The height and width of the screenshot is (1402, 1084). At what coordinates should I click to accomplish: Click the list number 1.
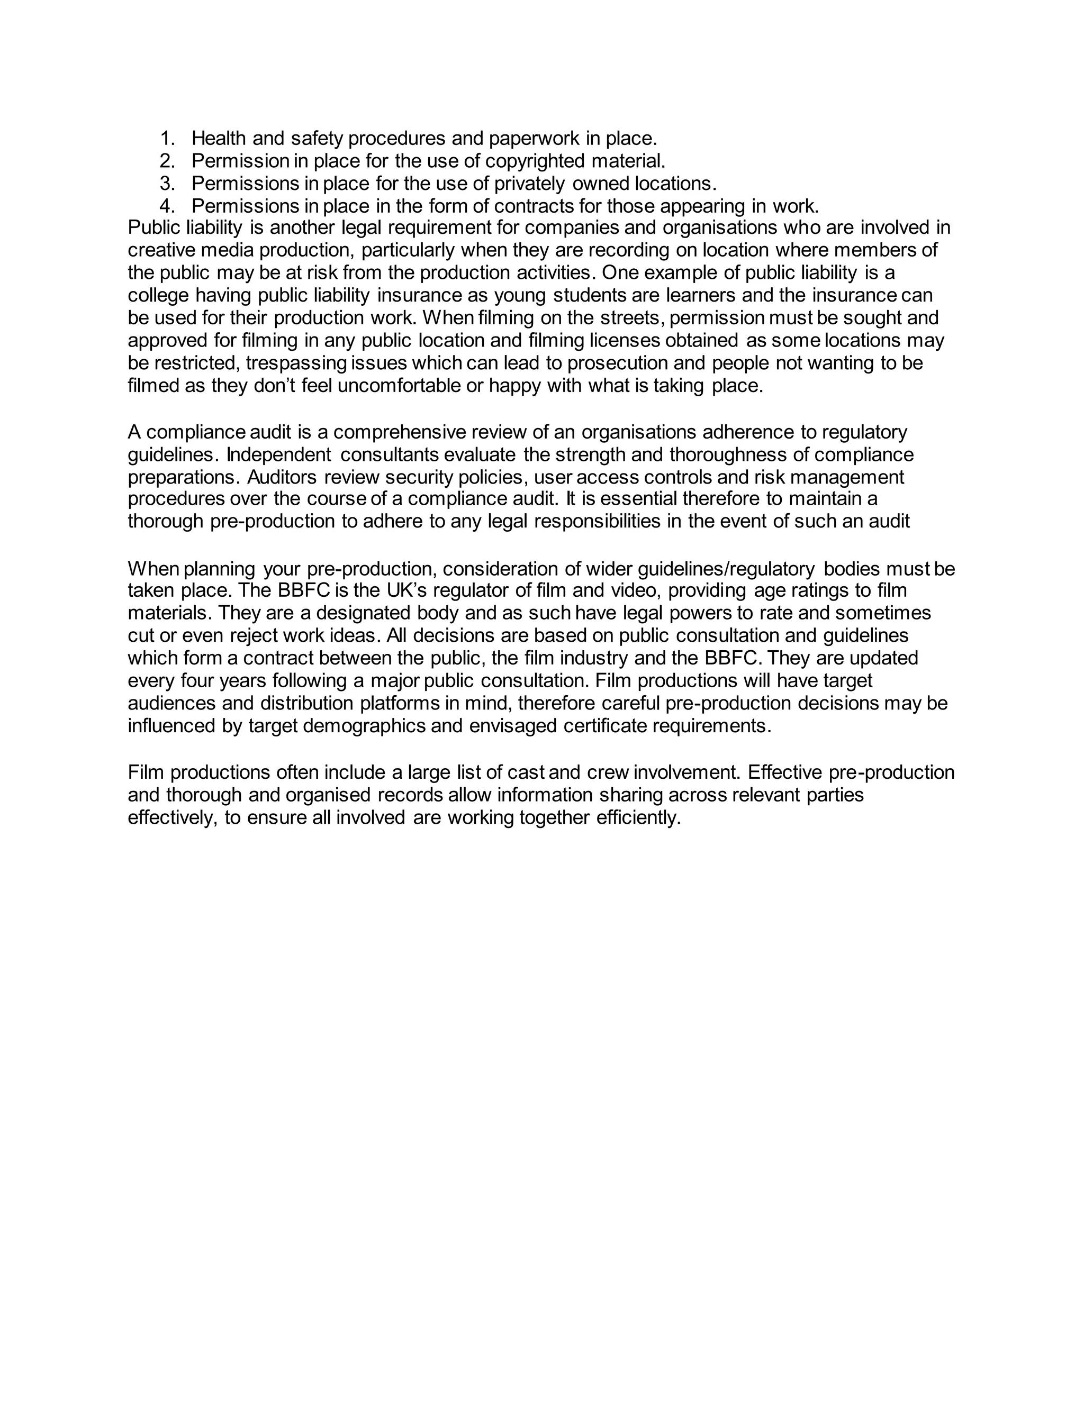click(167, 138)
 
